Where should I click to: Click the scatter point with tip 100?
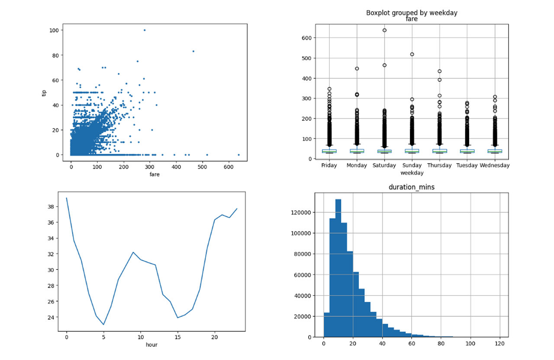[x=145, y=30]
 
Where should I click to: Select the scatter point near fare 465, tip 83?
[x=193, y=51]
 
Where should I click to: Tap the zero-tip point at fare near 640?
[x=238, y=154]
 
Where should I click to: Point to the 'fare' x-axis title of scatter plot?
[x=155, y=174]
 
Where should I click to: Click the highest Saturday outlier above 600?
[x=384, y=30]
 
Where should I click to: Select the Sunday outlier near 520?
[x=412, y=54]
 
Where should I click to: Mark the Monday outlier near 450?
[x=357, y=68]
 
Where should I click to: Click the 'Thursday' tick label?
[x=439, y=165]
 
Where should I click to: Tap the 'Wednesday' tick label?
[x=495, y=165]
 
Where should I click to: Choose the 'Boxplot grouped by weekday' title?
[x=412, y=13]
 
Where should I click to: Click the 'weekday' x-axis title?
[x=412, y=173]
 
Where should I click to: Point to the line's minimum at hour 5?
[x=103, y=325]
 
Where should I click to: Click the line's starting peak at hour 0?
[x=66, y=198]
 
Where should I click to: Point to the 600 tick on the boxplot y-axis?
[x=308, y=38]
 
